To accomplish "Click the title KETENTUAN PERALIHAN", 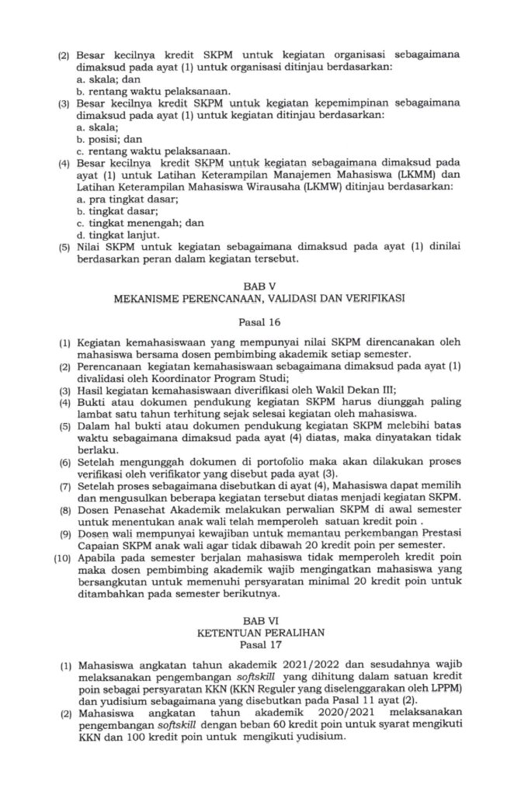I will (x=258, y=632).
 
